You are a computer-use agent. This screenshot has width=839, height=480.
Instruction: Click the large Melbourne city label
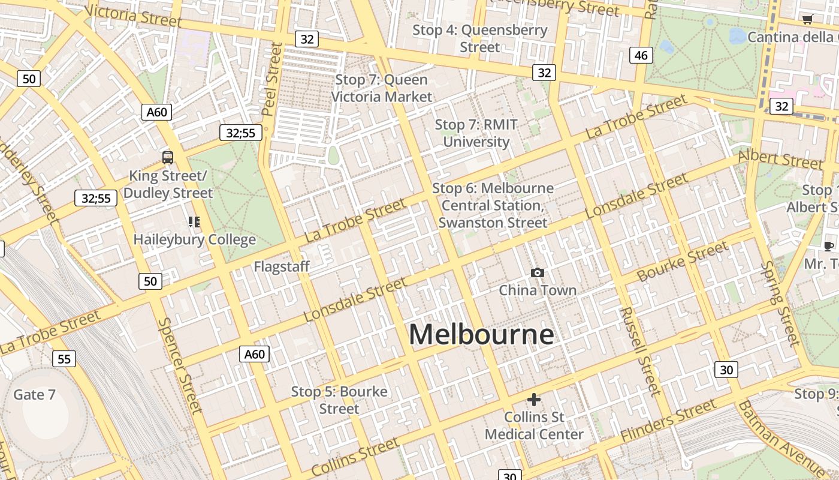tap(481, 334)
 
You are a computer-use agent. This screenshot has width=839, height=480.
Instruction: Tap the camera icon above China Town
tap(538, 273)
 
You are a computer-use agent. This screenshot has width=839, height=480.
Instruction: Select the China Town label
tap(538, 290)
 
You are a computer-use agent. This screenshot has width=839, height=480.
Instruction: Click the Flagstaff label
tap(282, 266)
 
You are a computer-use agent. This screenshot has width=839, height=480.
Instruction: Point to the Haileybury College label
tap(195, 239)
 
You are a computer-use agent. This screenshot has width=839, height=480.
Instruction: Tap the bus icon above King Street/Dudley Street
tap(168, 158)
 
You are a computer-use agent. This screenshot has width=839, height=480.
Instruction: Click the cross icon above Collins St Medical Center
tap(534, 400)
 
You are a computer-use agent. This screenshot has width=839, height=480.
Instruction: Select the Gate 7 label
tap(34, 394)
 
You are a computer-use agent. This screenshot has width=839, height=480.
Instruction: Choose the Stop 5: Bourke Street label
tap(339, 400)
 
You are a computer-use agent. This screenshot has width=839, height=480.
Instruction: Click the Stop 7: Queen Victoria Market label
tap(382, 88)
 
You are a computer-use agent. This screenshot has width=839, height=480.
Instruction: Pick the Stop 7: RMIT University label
tap(476, 133)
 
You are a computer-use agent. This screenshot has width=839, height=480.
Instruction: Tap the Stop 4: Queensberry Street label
tap(480, 38)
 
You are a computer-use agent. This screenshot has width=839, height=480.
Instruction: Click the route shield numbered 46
tap(641, 55)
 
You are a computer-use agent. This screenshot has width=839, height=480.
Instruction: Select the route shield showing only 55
tap(64, 359)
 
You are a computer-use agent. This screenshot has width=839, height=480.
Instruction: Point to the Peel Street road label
tap(272, 79)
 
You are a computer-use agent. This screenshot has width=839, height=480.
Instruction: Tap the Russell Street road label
tap(641, 351)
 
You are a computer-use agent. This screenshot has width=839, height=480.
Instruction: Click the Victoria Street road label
tap(133, 16)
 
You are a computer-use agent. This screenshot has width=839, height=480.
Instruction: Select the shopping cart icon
tap(807, 20)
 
